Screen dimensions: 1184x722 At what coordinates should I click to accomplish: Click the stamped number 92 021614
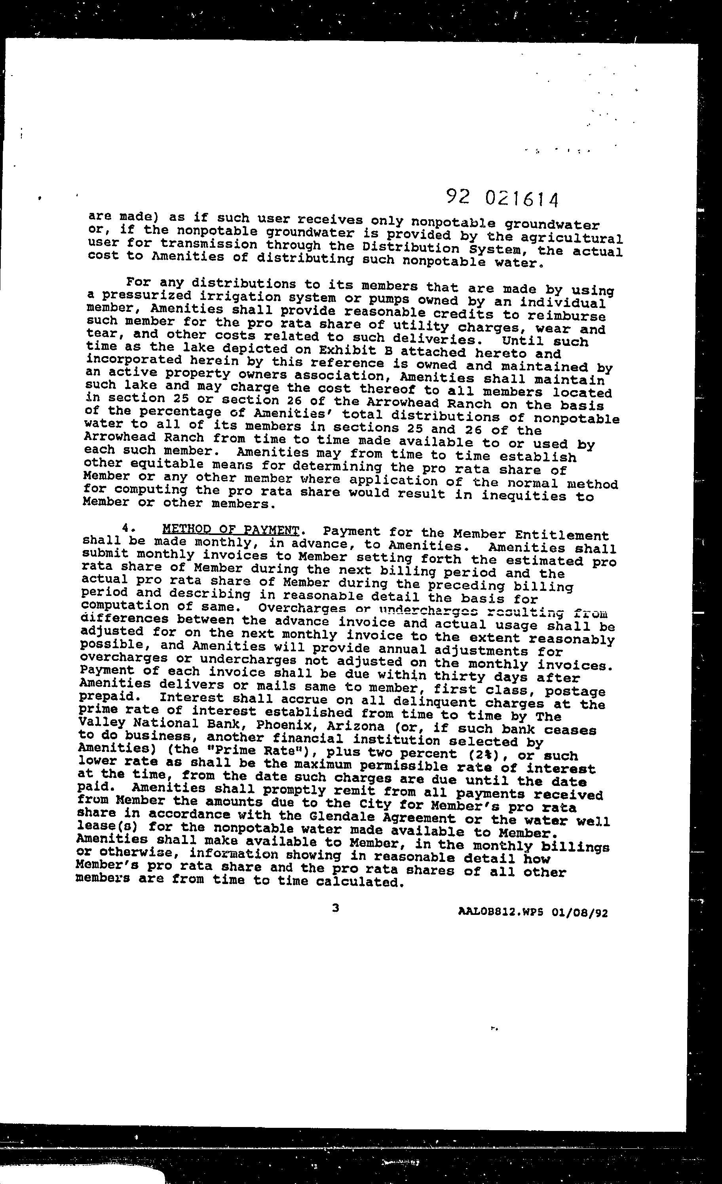502,197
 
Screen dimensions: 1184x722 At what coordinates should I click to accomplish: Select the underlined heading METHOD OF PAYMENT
231,530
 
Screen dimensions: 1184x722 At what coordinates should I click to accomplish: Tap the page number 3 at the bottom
336,908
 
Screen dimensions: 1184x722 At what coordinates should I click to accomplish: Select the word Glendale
344,816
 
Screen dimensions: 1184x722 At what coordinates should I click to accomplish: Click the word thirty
457,677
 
